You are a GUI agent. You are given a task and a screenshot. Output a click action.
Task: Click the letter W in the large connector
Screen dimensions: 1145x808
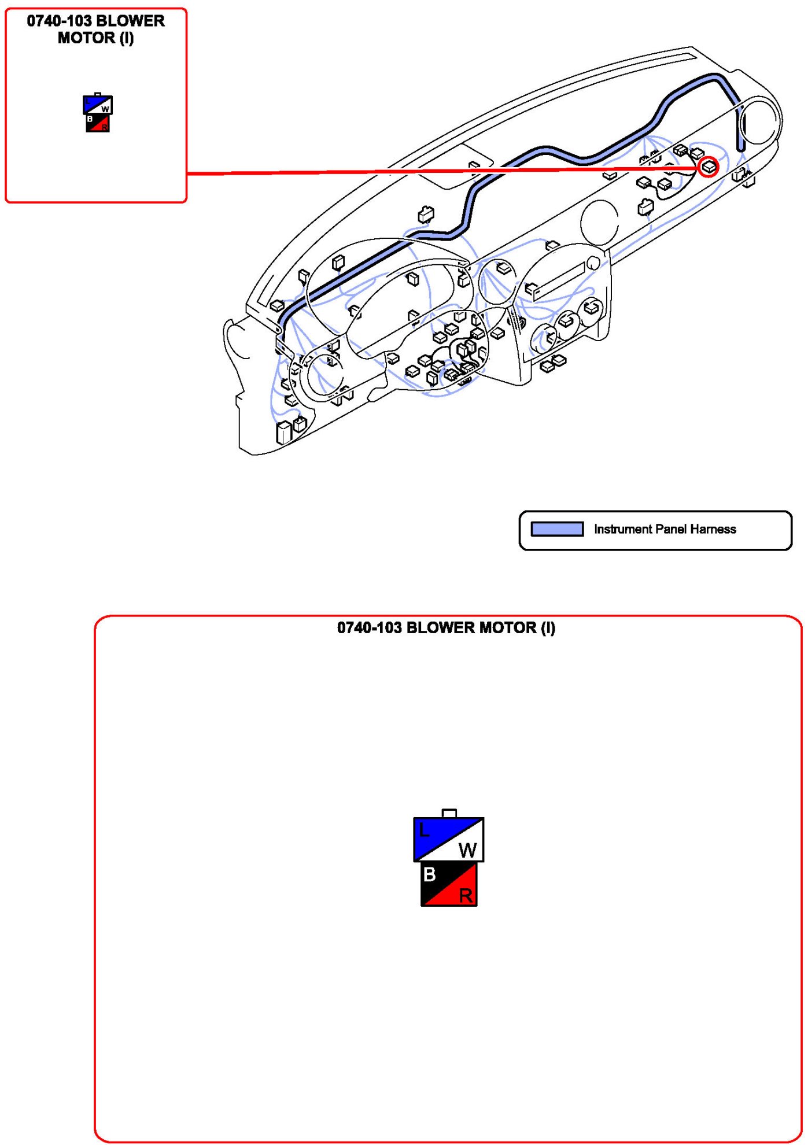click(x=467, y=850)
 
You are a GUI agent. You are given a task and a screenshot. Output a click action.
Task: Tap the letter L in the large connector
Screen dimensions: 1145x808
click(x=424, y=831)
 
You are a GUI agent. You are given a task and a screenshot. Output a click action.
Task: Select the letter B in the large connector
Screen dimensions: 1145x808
click(x=429, y=874)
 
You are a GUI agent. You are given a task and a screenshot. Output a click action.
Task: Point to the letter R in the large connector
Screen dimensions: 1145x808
click(x=466, y=896)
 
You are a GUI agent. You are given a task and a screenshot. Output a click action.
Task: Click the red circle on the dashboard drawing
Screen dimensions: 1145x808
click(x=709, y=167)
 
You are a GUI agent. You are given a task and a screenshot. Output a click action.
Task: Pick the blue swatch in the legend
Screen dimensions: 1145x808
click(x=557, y=529)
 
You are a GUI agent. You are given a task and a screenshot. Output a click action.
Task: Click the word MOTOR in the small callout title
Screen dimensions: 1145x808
click(x=86, y=38)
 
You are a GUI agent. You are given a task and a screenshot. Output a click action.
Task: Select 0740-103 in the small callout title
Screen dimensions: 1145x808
click(x=60, y=21)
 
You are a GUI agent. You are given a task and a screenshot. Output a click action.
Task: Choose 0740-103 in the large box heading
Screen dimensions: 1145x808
click(x=369, y=628)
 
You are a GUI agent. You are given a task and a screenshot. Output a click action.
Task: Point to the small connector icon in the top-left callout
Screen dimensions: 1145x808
click(x=98, y=113)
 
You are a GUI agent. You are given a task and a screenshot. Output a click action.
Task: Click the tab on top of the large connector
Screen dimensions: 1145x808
click(x=449, y=813)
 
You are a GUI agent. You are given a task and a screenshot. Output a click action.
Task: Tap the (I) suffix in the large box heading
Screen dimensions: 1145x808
click(x=548, y=628)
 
